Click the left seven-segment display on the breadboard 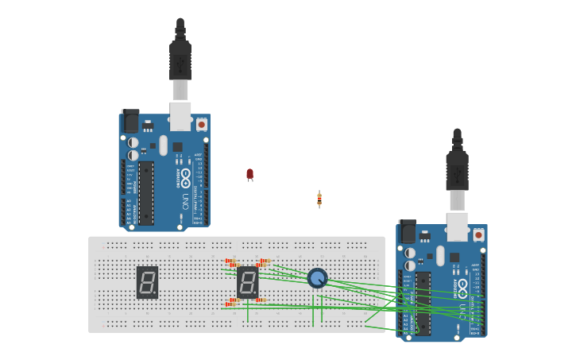(x=147, y=282)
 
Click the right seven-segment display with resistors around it (x=247, y=282)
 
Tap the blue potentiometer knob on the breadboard (x=317, y=278)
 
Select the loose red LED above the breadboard (x=249, y=173)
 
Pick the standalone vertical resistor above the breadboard (x=319, y=199)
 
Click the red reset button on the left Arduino (x=201, y=124)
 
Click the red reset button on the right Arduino (x=478, y=235)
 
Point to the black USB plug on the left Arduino (x=180, y=60)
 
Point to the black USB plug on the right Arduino (x=457, y=170)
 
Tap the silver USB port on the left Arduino (x=180, y=115)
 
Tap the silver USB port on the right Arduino (x=457, y=226)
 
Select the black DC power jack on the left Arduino (x=130, y=121)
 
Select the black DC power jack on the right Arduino (x=407, y=231)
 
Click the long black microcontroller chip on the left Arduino (x=146, y=192)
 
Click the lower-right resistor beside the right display (x=261, y=300)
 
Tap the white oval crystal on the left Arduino (x=163, y=145)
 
